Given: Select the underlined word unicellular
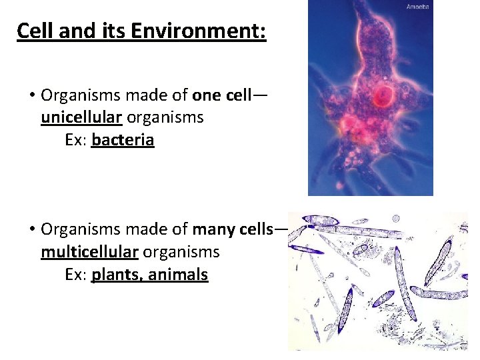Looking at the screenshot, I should coord(81,118).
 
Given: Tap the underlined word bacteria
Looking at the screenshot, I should coord(123,140).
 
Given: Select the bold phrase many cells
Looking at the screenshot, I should coord(233,229).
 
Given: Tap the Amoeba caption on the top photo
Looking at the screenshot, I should coord(418,7).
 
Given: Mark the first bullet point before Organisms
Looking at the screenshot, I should coord(31,96).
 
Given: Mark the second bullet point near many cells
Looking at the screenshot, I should coord(31,230).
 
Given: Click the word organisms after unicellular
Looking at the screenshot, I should coord(165,118).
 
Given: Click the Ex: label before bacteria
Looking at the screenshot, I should coord(76,140).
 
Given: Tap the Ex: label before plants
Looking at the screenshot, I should coord(76,275).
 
